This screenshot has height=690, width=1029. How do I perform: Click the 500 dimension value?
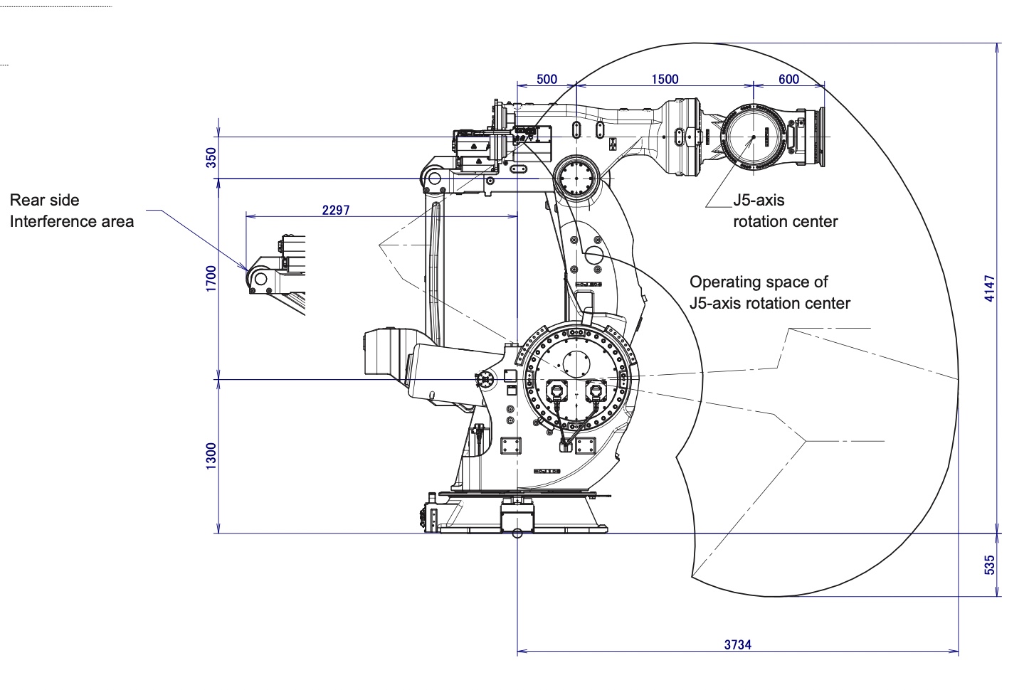[x=547, y=79]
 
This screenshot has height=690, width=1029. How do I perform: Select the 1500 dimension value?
[x=665, y=79]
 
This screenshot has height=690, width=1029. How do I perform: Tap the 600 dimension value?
[x=788, y=79]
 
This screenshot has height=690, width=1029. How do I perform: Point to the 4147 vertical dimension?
[x=990, y=288]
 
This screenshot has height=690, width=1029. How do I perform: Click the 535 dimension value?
[x=990, y=565]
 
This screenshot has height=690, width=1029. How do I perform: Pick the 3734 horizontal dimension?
[x=737, y=644]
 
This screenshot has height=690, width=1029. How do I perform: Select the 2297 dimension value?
[x=336, y=210]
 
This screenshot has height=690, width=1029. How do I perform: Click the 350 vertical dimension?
[x=211, y=157]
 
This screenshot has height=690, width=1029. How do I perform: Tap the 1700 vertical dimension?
[x=211, y=278]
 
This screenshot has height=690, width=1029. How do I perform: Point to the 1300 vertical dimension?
[x=211, y=456]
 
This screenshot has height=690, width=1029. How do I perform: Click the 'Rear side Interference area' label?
[x=71, y=211]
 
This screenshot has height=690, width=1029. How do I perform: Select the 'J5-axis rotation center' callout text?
[x=785, y=211]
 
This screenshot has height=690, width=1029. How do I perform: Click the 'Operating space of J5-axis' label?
[x=769, y=292]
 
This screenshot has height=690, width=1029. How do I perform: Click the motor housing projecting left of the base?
[x=388, y=352]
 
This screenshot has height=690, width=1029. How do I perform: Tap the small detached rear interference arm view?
[x=276, y=274]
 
